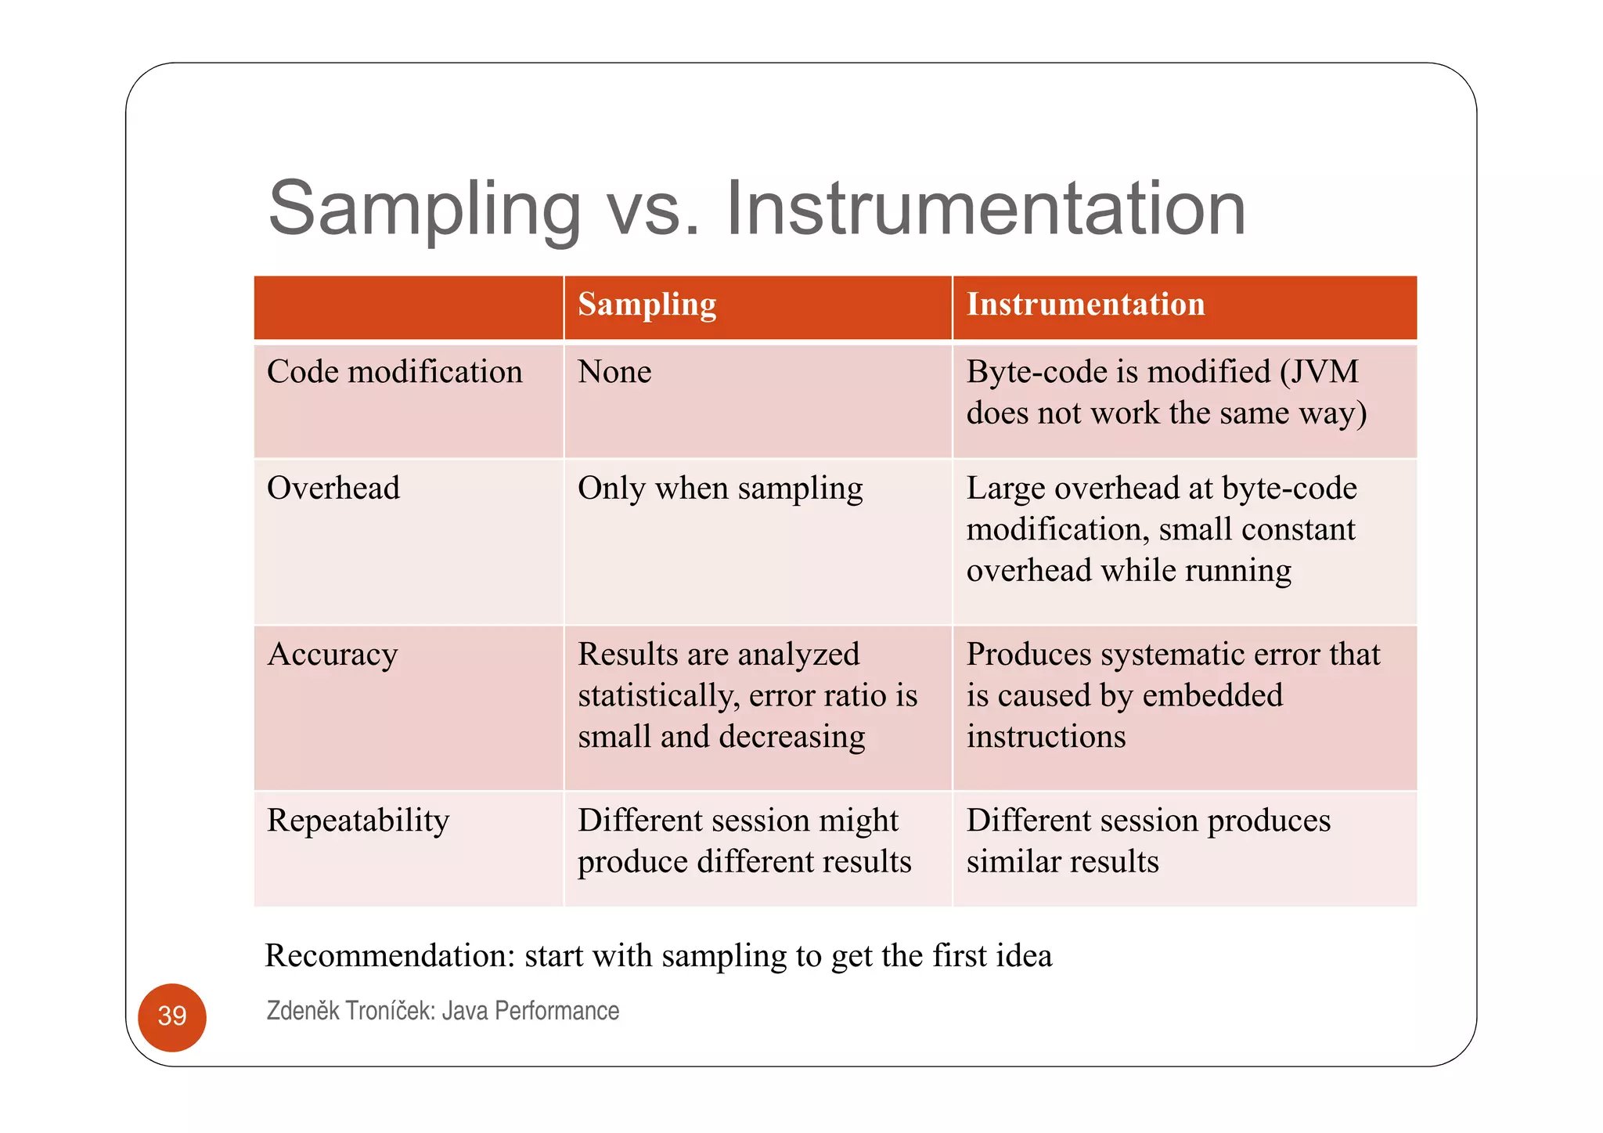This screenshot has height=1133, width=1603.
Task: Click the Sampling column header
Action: pyautogui.click(x=647, y=305)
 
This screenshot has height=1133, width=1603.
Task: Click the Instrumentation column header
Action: pyautogui.click(x=1085, y=305)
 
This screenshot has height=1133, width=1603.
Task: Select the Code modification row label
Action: pyautogui.click(x=394, y=372)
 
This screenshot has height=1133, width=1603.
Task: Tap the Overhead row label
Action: pyautogui.click(x=333, y=488)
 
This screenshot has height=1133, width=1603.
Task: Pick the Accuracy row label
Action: pyautogui.click(x=333, y=655)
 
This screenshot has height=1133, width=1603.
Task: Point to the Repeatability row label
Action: pyautogui.click(x=358, y=821)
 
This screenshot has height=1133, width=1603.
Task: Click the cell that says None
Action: pyautogui.click(x=614, y=372)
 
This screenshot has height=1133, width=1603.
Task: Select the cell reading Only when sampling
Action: pyautogui.click(x=720, y=488)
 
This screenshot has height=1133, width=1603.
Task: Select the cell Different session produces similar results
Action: pyautogui.click(x=1148, y=841)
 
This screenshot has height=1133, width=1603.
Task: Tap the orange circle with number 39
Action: pyautogui.click(x=172, y=1016)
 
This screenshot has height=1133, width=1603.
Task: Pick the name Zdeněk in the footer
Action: pyautogui.click(x=303, y=1011)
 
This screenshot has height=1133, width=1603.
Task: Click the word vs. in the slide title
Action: pyautogui.click(x=653, y=208)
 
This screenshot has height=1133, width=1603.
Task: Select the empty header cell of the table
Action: pyautogui.click(x=409, y=307)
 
